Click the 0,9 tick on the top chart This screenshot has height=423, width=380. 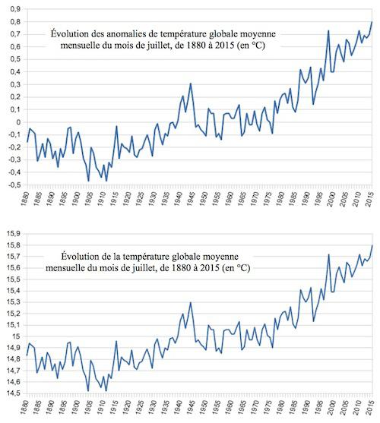[x=15, y=9]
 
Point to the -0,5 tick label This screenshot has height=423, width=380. [x=14, y=185]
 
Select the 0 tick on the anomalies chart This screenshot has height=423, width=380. [x=18, y=122]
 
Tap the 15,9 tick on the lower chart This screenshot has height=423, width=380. [x=14, y=234]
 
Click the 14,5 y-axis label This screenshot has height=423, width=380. [x=14, y=393]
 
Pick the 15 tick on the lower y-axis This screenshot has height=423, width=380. [x=17, y=336]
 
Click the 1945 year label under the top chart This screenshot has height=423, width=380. [x=191, y=199]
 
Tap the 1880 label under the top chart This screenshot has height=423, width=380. [x=25, y=199]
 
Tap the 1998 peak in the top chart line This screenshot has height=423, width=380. [x=328, y=30]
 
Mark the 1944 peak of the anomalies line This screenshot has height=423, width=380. [x=191, y=84]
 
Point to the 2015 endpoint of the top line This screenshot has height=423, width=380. [x=372, y=21]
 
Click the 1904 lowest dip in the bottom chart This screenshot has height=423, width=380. [x=88, y=391]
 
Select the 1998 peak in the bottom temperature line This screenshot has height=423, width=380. [x=328, y=254]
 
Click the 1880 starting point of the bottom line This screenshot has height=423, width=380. [x=27, y=355]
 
